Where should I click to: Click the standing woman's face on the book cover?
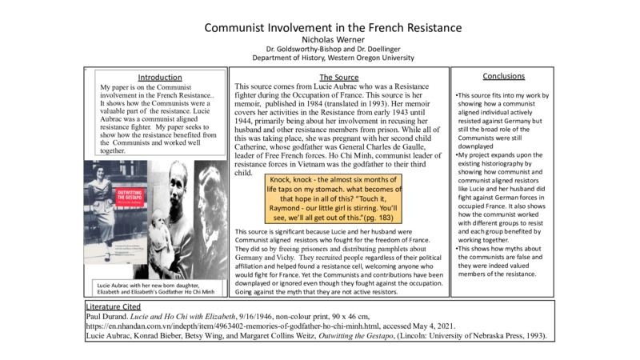point(107,168)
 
